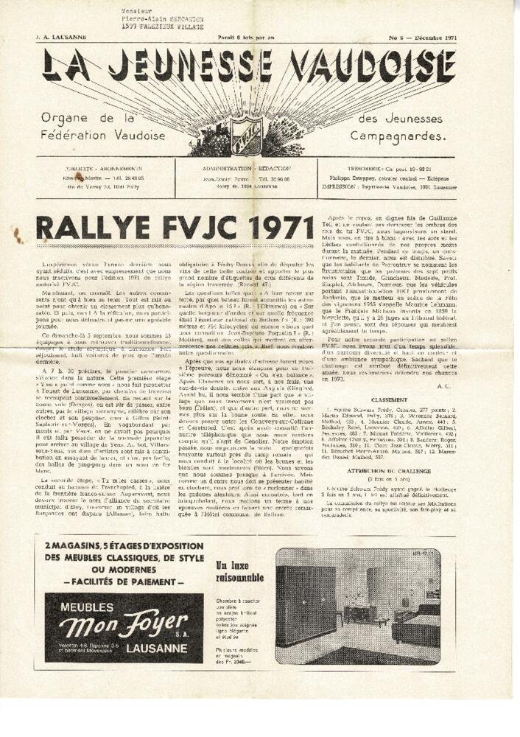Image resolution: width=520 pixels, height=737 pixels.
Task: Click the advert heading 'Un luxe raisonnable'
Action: [x=239, y=571]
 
